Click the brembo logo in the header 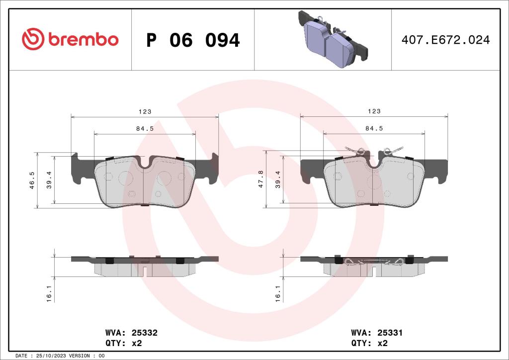[70, 40]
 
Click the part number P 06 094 [193, 40]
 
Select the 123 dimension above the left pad [145, 112]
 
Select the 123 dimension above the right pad [374, 112]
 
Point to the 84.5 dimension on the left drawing [145, 128]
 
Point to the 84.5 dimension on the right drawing [374, 128]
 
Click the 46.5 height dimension [32, 180]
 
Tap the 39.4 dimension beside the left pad [48, 180]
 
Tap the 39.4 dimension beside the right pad [278, 180]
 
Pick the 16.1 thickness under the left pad [48, 293]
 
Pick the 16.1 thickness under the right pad [278, 293]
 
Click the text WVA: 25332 [131, 333]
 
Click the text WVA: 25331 [377, 333]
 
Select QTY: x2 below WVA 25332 [123, 343]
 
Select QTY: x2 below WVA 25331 [369, 343]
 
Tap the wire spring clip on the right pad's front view [374, 151]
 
